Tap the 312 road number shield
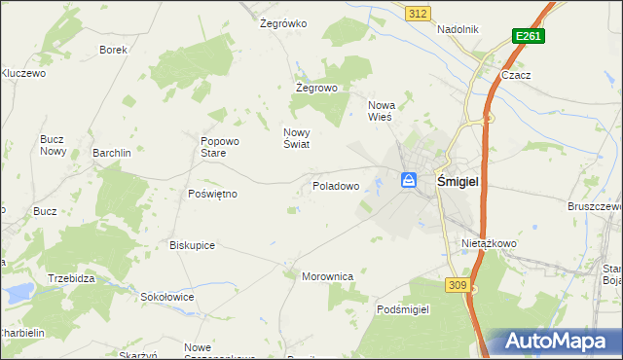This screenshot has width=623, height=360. [418, 13]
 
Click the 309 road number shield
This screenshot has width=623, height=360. [458, 284]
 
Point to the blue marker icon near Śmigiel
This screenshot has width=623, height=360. [409, 180]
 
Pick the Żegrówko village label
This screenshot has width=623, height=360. [283, 23]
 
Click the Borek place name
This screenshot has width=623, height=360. [114, 50]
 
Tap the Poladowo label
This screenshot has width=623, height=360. [336, 185]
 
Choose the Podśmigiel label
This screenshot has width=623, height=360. [403, 308]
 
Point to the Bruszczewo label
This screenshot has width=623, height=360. [595, 206]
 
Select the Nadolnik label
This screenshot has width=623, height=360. [458, 29]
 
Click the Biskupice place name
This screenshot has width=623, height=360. [192, 245]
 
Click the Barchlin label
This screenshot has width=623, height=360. [111, 153]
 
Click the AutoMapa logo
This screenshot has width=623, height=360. [559, 341]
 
